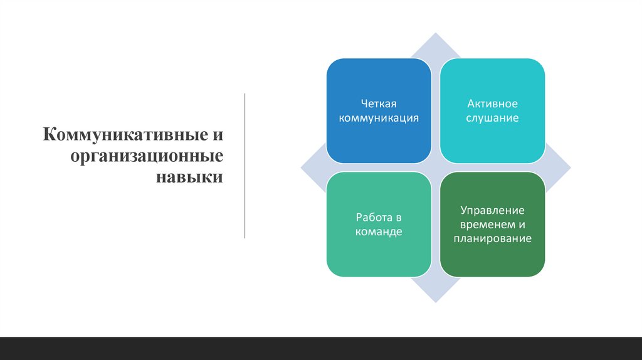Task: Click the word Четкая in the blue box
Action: tap(379, 103)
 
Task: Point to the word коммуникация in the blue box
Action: tap(379, 117)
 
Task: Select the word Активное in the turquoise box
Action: tap(492, 103)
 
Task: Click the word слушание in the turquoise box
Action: tap(492, 117)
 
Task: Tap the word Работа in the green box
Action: tap(372, 218)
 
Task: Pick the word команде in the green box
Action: tap(379, 231)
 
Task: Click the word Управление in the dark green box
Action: tap(492, 210)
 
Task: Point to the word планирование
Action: tap(492, 238)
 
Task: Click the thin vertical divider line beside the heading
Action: tap(245, 166)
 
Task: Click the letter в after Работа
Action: tap(397, 218)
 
